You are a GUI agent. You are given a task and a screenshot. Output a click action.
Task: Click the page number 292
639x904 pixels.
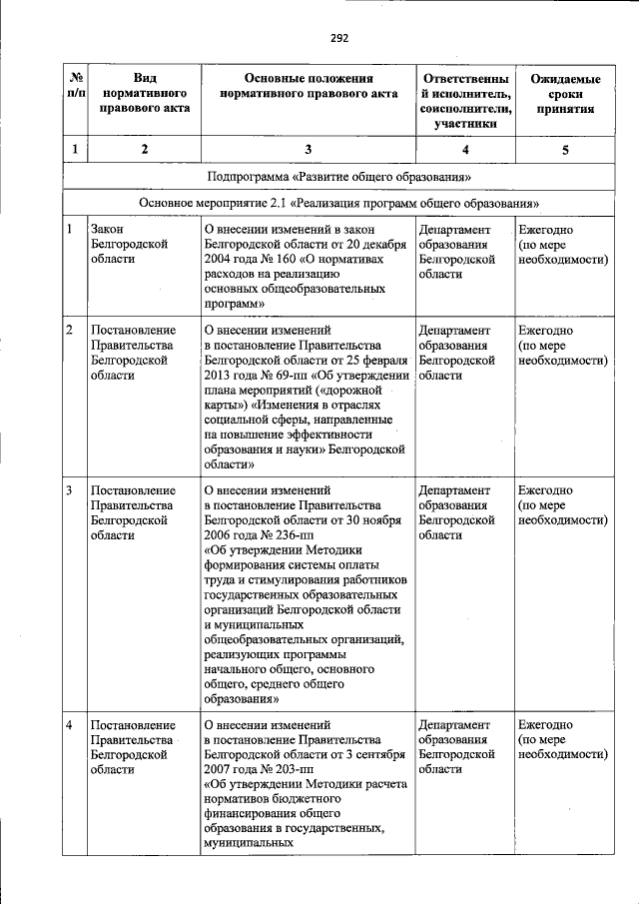[x=339, y=39]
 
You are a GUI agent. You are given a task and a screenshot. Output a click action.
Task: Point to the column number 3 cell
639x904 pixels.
[x=308, y=150]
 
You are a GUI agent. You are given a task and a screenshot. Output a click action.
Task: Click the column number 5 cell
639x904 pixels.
[x=565, y=150]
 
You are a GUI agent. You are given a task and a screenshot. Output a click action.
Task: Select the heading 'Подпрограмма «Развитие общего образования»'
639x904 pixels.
[x=338, y=177]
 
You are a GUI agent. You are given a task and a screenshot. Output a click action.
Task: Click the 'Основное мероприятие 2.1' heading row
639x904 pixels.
[x=338, y=203]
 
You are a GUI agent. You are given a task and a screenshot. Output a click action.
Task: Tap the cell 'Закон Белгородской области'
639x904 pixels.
[x=128, y=243]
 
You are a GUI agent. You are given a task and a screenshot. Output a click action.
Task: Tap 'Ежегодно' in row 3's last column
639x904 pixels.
[x=545, y=490]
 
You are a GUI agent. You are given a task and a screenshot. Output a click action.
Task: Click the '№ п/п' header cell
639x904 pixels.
[x=73, y=86]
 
